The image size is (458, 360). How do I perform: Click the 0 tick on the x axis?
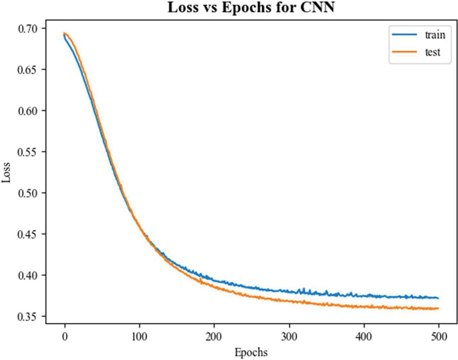tap(64, 336)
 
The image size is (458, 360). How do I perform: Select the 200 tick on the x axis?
tap(214, 336)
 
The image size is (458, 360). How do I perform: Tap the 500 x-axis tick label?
tap(438, 336)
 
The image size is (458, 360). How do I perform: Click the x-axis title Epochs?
tap(251, 352)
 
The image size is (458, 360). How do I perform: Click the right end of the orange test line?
tap(438, 308)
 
